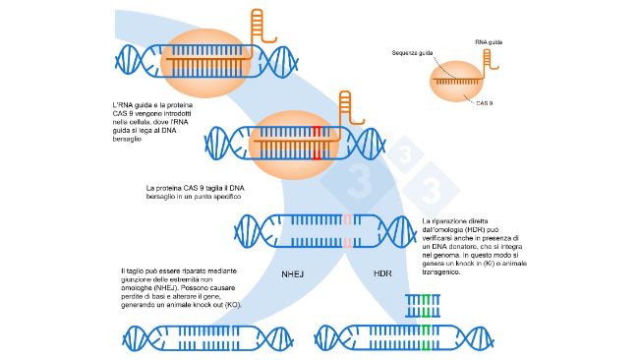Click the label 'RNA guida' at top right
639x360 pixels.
pos(493,44)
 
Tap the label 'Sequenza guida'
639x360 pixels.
pos(413,53)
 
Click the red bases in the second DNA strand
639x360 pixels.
pos(318,140)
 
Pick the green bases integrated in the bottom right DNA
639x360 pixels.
pos(425,338)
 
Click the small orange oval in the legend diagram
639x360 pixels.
pos(459,85)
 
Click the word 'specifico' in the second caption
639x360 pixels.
pos(222,196)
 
